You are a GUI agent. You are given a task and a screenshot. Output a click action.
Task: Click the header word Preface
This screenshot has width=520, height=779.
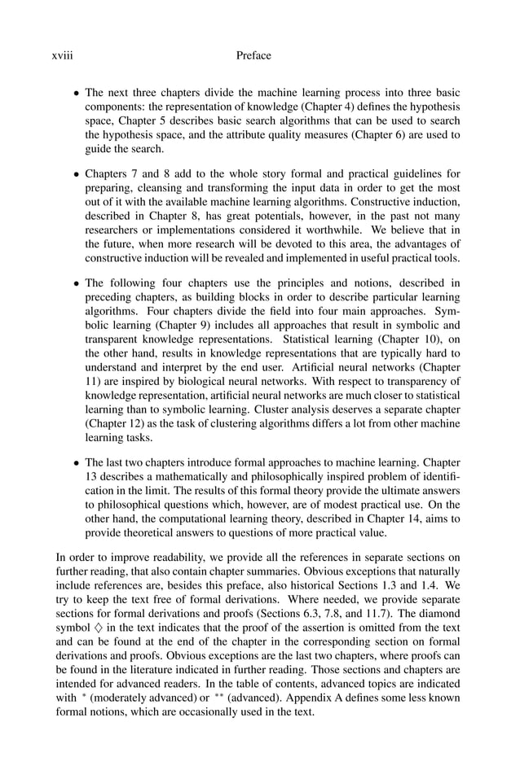click(x=253, y=55)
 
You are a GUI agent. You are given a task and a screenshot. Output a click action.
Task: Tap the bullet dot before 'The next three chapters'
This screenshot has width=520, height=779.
click(x=77, y=94)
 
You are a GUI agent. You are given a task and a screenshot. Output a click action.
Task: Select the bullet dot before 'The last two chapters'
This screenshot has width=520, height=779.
click(x=77, y=461)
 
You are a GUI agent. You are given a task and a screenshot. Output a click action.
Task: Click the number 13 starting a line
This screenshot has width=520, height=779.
click(x=92, y=475)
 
